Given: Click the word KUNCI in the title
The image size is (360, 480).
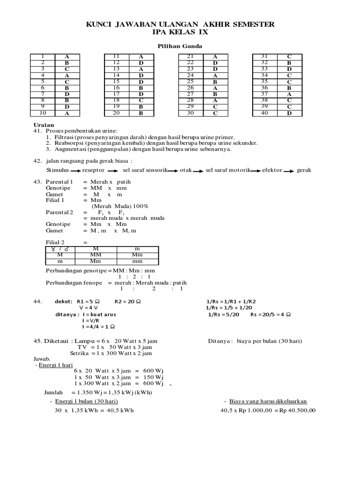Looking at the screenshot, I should [98, 24].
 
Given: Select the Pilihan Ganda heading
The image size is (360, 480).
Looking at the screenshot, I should [180, 46].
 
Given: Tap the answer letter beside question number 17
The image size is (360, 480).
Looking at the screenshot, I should [141, 94].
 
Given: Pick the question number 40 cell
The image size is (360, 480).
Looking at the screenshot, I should [264, 113].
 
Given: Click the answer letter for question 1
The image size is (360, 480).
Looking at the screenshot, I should [67, 57].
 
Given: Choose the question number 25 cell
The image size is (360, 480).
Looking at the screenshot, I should [190, 82].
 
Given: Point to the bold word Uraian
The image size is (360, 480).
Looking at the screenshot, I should [44, 125].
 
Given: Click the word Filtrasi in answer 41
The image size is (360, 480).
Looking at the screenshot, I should [63, 137].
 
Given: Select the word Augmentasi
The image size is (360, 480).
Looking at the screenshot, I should [69, 150].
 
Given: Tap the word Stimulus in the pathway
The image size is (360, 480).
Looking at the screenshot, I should [58, 170].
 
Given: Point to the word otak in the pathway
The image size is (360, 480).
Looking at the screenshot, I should [186, 170].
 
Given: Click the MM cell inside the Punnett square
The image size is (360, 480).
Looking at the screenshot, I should [95, 255].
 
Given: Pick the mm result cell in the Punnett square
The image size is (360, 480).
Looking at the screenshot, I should [137, 262].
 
